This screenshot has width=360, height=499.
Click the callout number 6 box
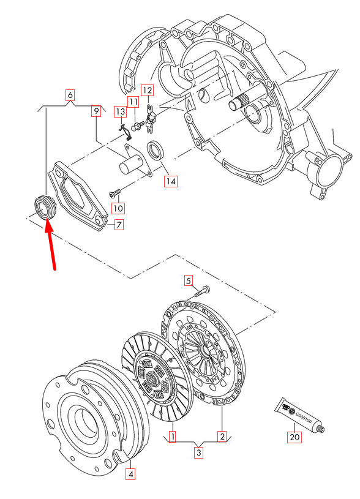(70, 95)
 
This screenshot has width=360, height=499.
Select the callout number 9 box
(96, 111)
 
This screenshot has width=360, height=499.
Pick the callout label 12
(148, 90)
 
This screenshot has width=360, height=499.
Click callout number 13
(120, 111)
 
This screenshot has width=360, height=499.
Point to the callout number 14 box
(170, 181)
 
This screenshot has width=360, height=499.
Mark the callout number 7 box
(119, 225)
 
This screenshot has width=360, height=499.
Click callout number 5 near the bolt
(189, 281)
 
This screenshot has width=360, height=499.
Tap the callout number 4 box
(130, 473)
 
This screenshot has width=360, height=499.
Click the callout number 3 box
(198, 453)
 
